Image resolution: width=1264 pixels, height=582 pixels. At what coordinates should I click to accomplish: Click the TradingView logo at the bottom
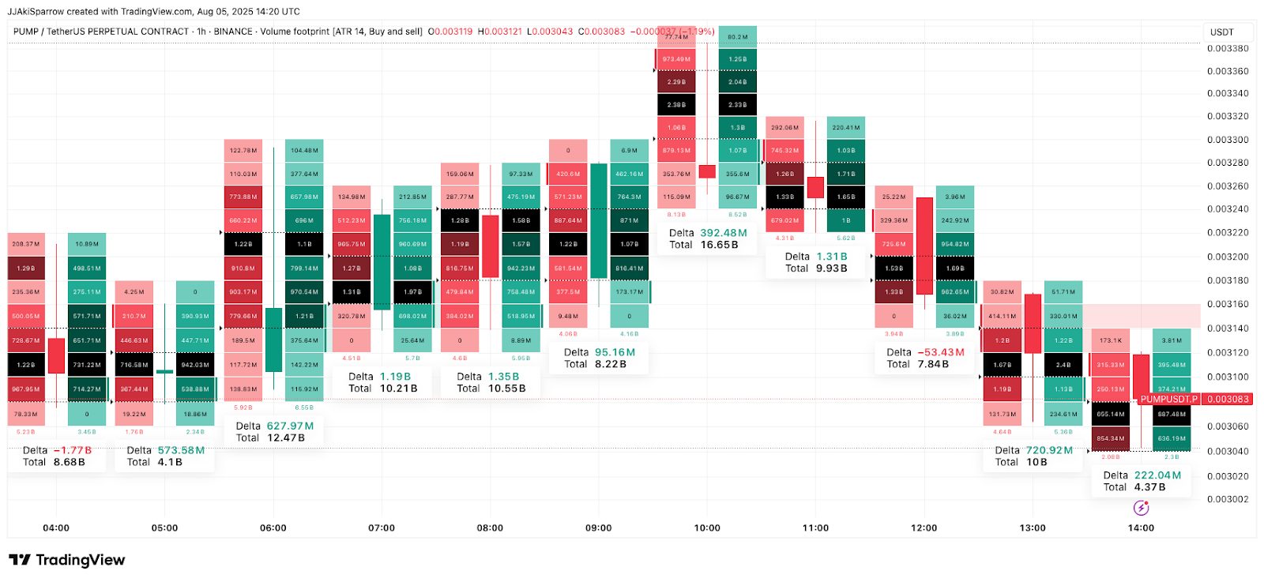tap(67, 560)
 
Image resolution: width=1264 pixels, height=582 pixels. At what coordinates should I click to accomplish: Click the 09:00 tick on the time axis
tap(598, 528)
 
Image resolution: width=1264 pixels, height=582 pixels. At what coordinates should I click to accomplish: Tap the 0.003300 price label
tap(1228, 140)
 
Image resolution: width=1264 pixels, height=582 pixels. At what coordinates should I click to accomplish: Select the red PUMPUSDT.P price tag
tap(1168, 400)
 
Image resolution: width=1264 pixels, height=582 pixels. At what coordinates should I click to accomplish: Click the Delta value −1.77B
tap(73, 450)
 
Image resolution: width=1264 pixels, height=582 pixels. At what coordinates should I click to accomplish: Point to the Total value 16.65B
tap(719, 245)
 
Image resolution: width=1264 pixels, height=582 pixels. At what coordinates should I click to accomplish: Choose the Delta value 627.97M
tap(290, 426)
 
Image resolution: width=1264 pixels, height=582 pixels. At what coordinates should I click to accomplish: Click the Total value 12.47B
tap(285, 437)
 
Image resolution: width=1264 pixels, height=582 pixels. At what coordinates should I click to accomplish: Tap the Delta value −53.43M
tap(941, 352)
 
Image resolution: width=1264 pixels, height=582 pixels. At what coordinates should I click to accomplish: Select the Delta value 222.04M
tap(1157, 475)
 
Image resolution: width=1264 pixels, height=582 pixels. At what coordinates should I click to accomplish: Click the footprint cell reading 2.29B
tap(676, 82)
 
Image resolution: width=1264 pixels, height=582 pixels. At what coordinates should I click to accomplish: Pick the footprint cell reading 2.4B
tap(1063, 365)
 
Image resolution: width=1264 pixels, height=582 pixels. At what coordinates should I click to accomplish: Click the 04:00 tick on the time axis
tap(56, 528)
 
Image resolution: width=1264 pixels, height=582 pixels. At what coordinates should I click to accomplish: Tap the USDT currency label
tap(1221, 32)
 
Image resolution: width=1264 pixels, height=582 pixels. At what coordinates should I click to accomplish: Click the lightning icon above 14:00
tap(1141, 508)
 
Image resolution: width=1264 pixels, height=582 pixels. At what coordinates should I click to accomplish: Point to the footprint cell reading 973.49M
tap(676, 59)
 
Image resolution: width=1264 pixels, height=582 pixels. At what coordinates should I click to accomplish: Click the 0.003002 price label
tap(1228, 499)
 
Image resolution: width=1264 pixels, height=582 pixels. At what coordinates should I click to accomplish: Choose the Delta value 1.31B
tap(831, 257)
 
